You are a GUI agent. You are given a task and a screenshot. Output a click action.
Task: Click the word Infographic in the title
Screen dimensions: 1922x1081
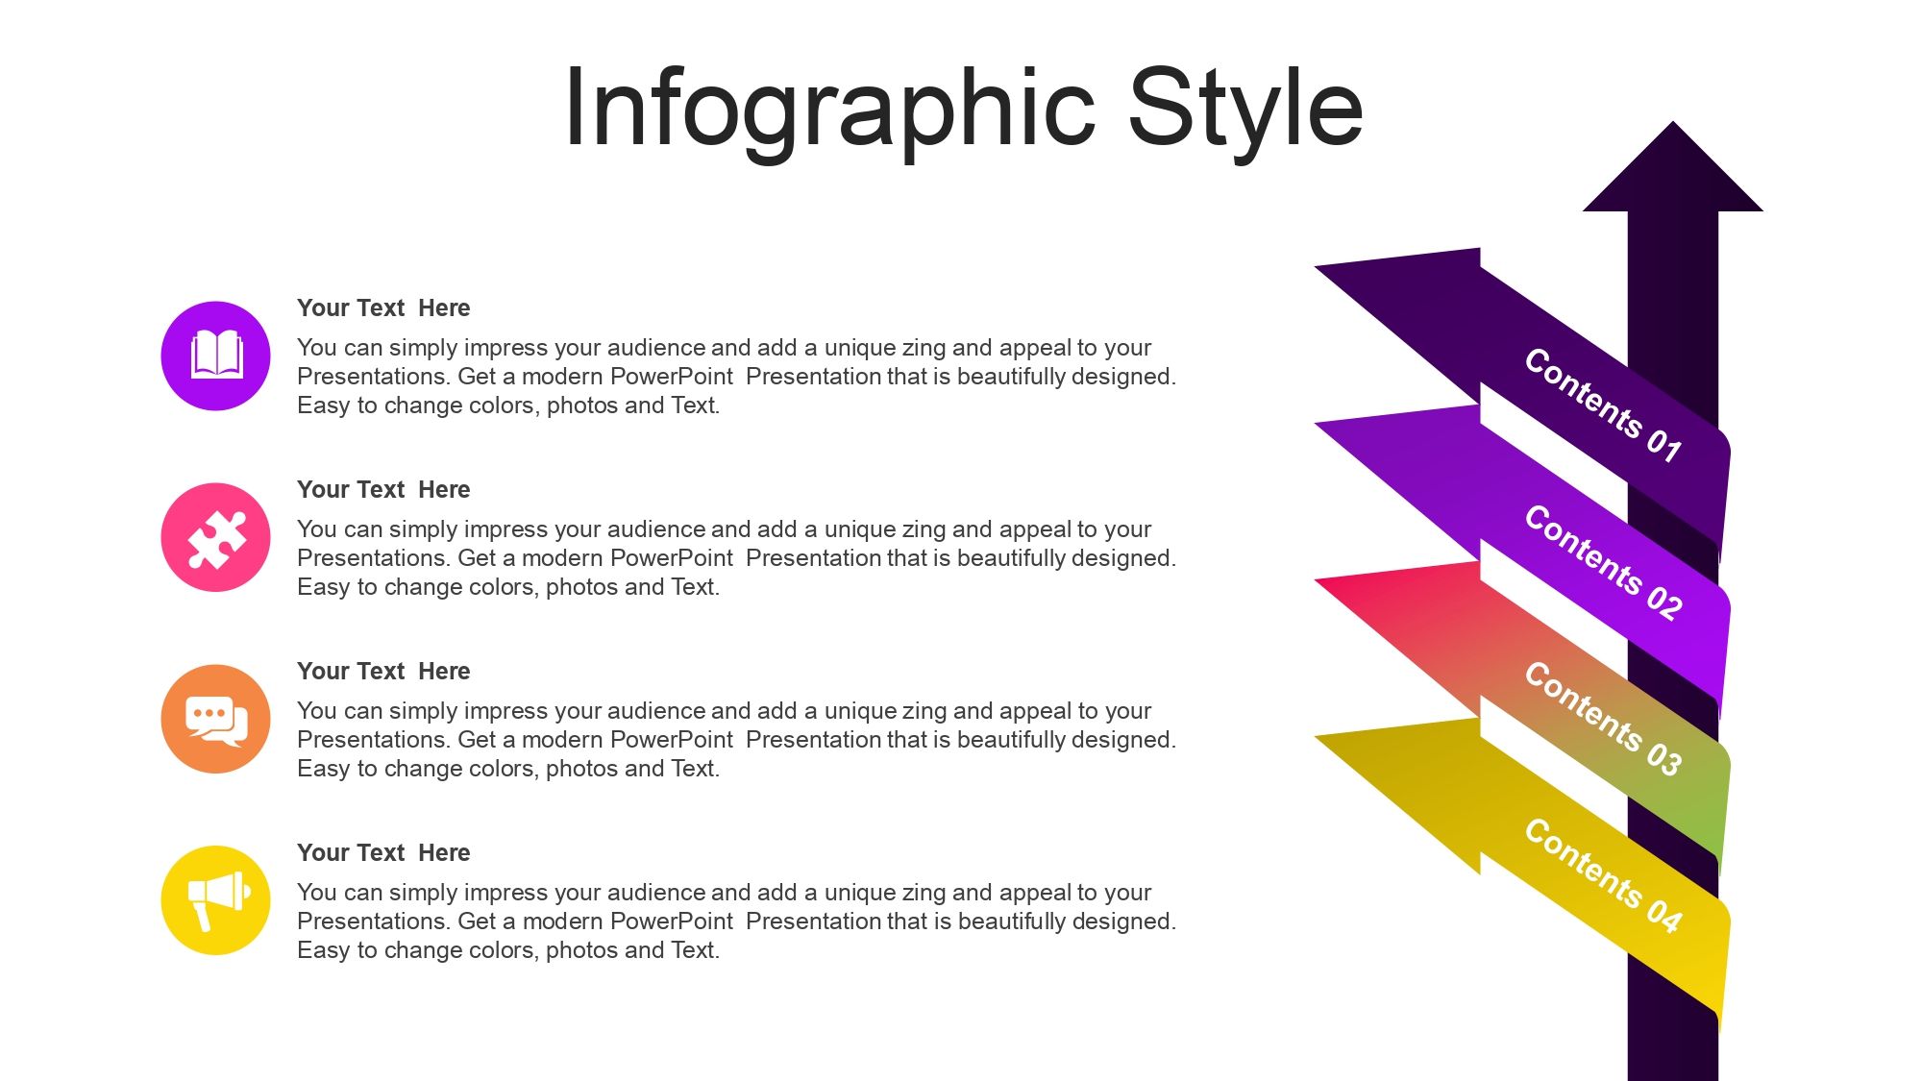pos(829,110)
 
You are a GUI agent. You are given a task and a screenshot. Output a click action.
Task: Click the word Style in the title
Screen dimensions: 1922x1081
pos(1246,110)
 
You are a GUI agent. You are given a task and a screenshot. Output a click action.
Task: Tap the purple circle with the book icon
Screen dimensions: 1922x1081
pos(216,356)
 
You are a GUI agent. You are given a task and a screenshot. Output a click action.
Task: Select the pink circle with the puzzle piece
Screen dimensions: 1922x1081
pos(216,537)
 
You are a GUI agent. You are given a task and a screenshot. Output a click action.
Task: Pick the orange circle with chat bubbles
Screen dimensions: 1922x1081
pos(216,719)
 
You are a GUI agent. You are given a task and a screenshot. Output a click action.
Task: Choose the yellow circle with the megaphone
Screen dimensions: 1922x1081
pos(216,900)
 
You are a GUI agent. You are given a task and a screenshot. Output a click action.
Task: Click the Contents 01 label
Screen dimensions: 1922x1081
pos(1603,405)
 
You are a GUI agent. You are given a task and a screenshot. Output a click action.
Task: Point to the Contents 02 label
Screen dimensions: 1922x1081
pos(1603,561)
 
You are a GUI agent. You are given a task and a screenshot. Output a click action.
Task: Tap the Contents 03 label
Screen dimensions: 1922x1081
pos(1603,718)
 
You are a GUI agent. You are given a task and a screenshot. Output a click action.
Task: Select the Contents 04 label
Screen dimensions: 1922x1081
pos(1603,874)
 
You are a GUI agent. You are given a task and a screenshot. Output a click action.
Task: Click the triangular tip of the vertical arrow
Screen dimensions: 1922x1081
pos(1673,123)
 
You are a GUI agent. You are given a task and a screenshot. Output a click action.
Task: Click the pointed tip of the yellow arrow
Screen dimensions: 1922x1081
pos(1317,737)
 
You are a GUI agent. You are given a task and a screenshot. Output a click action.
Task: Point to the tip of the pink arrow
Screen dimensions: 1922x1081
pos(1317,580)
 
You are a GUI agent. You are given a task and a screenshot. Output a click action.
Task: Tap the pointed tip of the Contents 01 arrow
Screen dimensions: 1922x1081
pos(1317,266)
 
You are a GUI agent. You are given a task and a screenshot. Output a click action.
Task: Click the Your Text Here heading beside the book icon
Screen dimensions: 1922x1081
pos(383,308)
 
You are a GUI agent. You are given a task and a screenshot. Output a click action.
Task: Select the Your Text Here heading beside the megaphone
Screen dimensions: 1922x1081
pos(383,853)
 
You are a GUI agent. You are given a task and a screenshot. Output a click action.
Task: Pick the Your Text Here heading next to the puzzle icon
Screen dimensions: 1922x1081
pos(383,490)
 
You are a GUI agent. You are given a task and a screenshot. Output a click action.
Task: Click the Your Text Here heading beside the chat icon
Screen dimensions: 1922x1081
pos(383,672)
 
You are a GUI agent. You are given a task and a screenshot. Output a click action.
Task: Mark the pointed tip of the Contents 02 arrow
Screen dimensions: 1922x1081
pos(1317,423)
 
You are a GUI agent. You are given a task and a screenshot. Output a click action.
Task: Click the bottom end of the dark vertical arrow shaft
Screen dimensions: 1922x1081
pos(1673,1078)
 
